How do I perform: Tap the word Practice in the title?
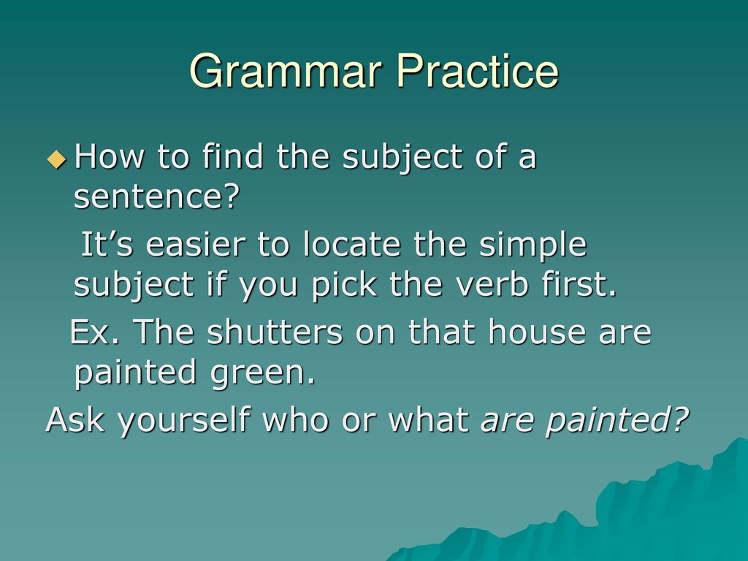point(477,71)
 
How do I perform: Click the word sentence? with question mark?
point(156,196)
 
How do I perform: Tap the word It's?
point(107,244)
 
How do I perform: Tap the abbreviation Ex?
point(94,332)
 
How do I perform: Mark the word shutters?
point(275,332)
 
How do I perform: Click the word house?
point(537,332)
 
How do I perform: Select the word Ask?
point(75,419)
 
